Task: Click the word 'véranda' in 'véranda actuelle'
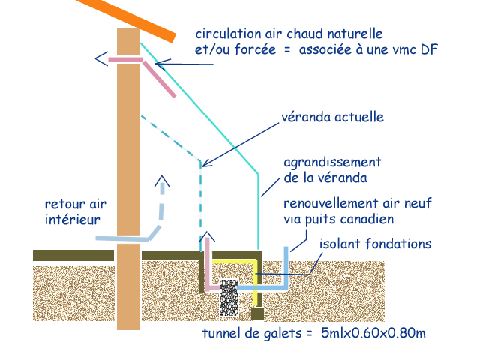click(307, 118)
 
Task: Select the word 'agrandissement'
click(333, 162)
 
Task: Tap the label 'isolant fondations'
click(375, 244)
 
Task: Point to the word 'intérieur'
click(70, 219)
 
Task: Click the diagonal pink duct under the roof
click(160, 79)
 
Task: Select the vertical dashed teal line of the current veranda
click(200, 202)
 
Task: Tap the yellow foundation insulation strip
click(258, 281)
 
